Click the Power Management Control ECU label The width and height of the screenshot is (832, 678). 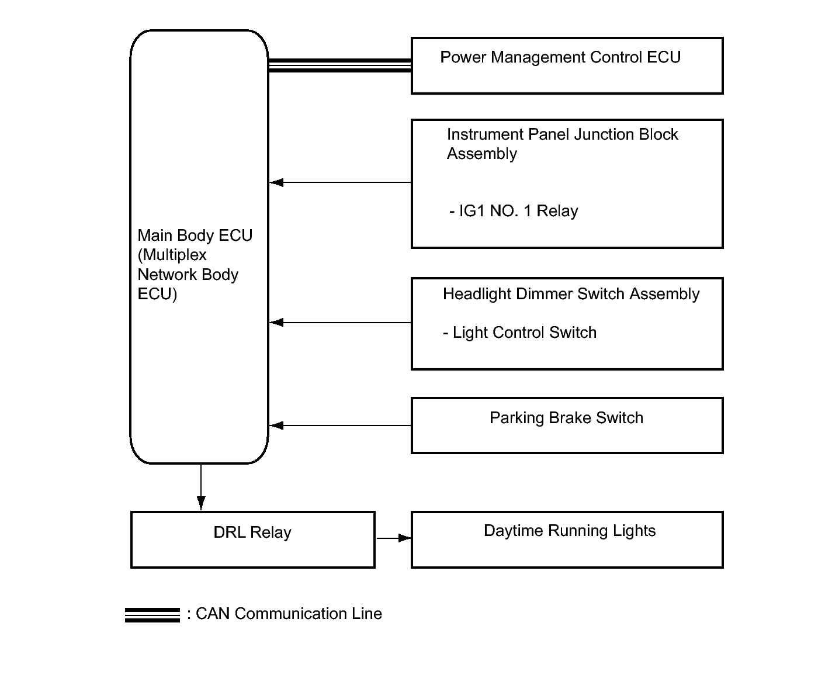[x=560, y=57]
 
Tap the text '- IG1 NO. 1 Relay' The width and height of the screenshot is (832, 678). [x=514, y=211]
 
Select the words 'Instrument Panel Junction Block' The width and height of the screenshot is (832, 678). [x=562, y=134]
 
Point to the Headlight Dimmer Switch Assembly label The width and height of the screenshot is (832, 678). [x=571, y=294]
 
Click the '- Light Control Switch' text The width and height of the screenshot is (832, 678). [x=519, y=333]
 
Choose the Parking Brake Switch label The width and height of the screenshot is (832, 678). [x=566, y=418]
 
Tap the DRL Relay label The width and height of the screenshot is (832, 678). [x=252, y=532]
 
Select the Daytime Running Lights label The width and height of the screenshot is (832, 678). [x=570, y=531]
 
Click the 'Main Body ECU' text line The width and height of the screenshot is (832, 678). [x=195, y=236]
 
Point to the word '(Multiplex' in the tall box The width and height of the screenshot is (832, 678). [x=172, y=255]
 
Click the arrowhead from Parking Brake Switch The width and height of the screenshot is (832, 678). [x=276, y=426]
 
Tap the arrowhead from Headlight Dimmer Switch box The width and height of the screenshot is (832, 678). [x=276, y=323]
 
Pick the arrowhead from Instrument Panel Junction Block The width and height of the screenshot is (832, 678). [x=276, y=182]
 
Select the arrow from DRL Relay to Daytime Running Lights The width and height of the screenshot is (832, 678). [x=394, y=538]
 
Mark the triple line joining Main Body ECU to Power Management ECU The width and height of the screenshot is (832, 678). [x=339, y=65]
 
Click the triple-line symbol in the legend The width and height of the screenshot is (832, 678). [x=152, y=615]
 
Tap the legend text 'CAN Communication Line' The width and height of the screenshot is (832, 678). [x=289, y=614]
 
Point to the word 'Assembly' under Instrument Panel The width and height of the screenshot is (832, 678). [x=482, y=154]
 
